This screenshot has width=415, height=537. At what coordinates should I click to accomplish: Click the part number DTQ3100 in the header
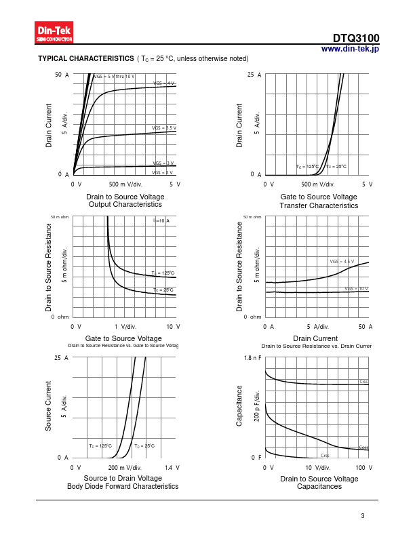[356, 39]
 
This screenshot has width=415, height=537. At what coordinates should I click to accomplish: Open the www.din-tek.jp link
[350, 49]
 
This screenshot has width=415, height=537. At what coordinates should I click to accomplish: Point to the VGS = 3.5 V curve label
[164, 127]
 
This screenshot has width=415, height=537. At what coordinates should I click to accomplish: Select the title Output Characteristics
[125, 204]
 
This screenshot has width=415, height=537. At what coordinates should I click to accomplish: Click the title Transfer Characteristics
[318, 205]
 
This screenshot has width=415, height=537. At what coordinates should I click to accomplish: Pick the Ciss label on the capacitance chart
[363, 382]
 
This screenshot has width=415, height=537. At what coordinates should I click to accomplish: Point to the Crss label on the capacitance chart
[325, 456]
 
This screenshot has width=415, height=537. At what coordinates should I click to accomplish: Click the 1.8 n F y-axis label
[252, 357]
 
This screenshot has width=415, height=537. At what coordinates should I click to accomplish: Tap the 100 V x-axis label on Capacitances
[364, 468]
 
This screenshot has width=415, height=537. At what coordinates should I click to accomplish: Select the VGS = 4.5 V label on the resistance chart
[342, 261]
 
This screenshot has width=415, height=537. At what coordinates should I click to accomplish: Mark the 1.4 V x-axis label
[172, 468]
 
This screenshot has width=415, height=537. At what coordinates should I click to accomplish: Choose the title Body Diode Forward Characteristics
[123, 486]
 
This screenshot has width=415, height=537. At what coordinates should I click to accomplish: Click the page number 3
[363, 516]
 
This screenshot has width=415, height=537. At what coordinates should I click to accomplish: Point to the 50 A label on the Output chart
[62, 75]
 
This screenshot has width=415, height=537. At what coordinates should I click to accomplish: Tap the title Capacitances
[319, 486]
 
